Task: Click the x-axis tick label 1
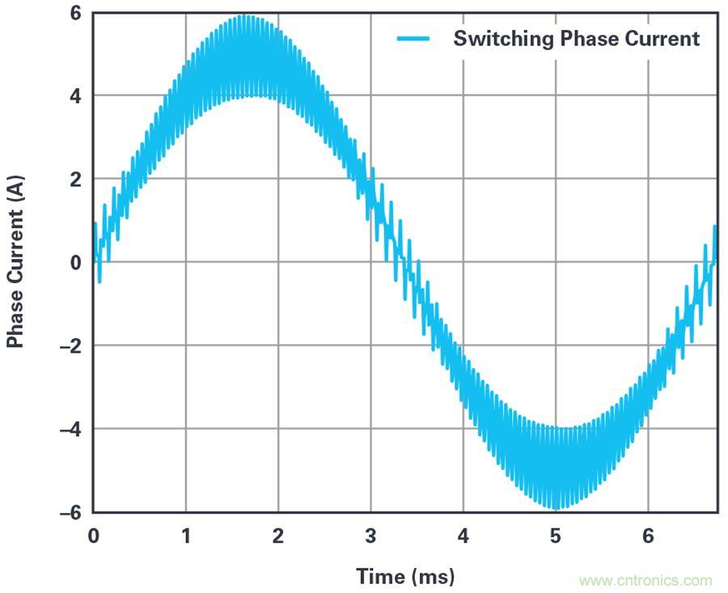pos(186,536)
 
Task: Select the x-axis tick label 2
pos(278,536)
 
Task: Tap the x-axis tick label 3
pos(370,536)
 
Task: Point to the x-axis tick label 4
pos(463,536)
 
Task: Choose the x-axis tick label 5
pos(556,536)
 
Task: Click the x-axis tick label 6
pos(648,536)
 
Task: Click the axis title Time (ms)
pos(405,577)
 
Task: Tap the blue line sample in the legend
pos(417,39)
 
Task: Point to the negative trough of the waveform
pos(556,508)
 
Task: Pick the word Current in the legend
pos(665,39)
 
